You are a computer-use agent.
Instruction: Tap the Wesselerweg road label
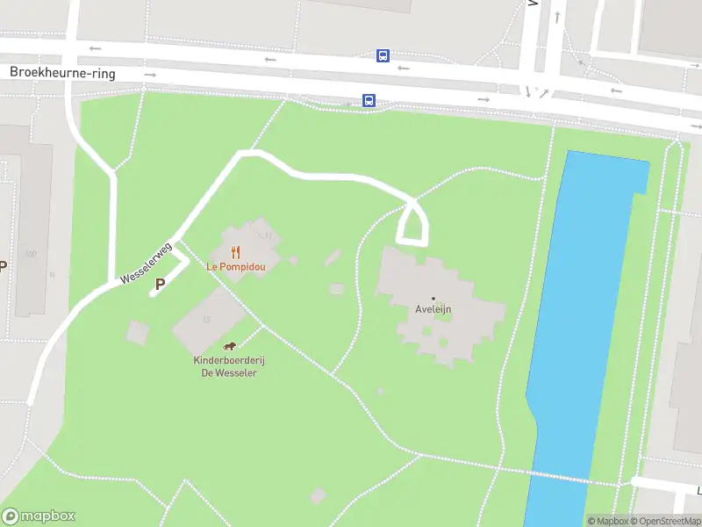click(x=147, y=262)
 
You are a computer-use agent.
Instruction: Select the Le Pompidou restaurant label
click(x=236, y=265)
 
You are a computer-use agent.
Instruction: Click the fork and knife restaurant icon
click(x=236, y=252)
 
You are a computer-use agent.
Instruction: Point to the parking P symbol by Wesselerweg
click(x=160, y=284)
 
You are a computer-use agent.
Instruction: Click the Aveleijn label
click(x=433, y=309)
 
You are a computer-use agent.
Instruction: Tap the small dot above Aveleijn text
click(x=433, y=299)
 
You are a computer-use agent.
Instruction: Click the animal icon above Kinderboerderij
click(x=229, y=345)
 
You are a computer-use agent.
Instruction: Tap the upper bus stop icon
click(x=383, y=56)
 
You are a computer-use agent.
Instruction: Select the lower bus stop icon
click(x=369, y=100)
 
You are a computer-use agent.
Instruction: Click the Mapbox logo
click(x=39, y=516)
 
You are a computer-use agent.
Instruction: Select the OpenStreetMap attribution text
click(x=664, y=521)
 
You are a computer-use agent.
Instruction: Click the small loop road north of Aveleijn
click(x=414, y=224)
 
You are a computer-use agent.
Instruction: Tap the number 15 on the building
click(x=207, y=319)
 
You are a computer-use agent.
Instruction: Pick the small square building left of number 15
click(x=138, y=332)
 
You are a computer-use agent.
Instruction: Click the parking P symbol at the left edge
click(x=3, y=266)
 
